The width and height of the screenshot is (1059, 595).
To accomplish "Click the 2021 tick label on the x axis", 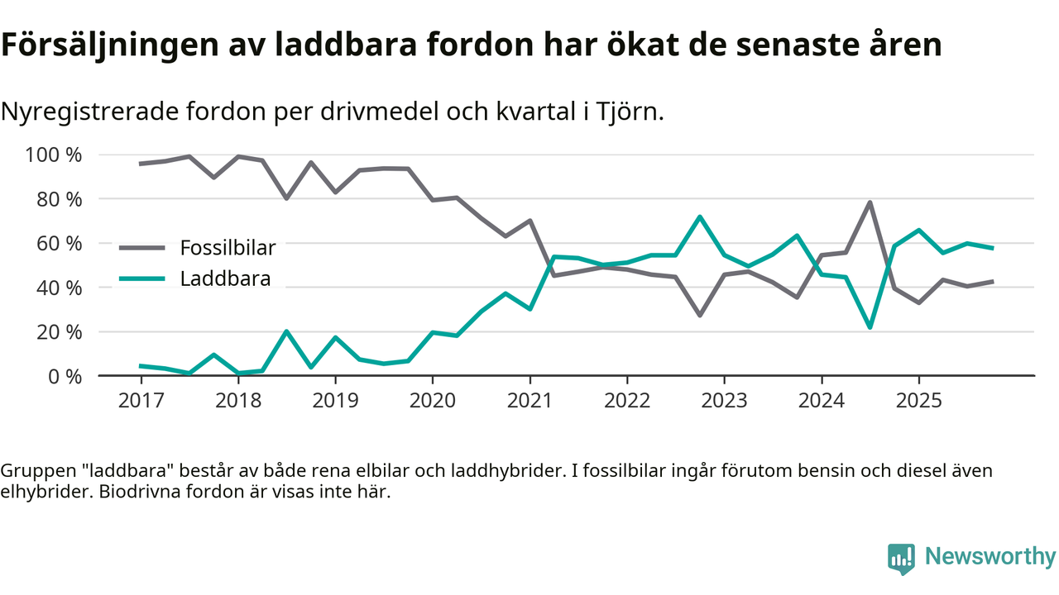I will point(529,401).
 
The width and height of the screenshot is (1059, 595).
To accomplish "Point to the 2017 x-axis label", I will point(141,401).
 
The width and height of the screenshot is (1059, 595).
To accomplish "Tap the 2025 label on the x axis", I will point(918,401).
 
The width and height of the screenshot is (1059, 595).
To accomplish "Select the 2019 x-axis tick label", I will point(335,401).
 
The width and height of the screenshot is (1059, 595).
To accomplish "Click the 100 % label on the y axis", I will point(54,155).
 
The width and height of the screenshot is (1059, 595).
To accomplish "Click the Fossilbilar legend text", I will point(228,247).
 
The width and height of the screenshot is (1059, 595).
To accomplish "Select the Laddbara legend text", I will point(225,278).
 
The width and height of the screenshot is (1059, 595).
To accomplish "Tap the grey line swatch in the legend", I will point(142,247).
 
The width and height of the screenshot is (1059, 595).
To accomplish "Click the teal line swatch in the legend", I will point(142,278).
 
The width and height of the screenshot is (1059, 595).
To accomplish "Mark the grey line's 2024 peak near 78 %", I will point(870,202).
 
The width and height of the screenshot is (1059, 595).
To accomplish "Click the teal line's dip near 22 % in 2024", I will point(870,327).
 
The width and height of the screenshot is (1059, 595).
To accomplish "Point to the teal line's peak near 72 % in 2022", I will point(700,217).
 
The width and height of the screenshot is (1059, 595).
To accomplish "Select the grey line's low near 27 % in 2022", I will point(700,315).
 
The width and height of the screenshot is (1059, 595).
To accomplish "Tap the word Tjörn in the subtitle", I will point(630,112).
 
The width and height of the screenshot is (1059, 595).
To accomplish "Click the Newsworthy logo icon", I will point(902,559).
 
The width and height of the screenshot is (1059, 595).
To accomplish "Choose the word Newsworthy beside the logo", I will point(990,557).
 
